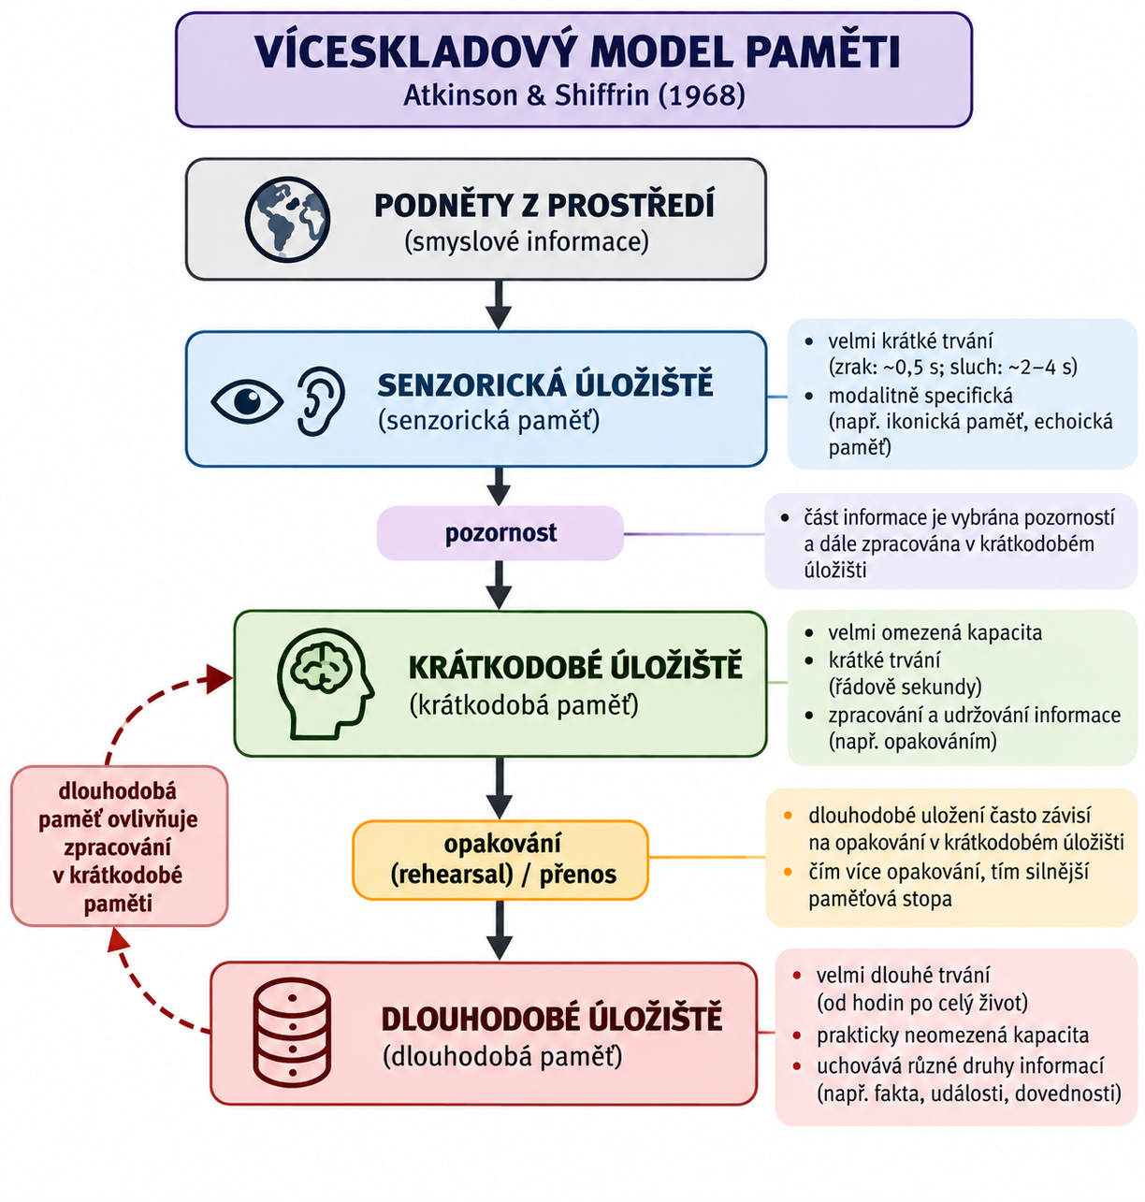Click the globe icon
(x=287, y=220)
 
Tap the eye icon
(x=247, y=401)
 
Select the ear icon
(x=321, y=401)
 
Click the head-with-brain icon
(x=325, y=684)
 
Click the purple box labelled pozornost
(x=500, y=533)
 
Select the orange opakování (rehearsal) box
(x=500, y=861)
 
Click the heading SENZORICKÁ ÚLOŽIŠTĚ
(x=545, y=385)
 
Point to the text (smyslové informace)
(x=526, y=241)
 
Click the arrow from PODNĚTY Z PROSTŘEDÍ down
(x=500, y=305)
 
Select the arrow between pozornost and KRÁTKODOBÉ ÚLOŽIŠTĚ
(x=500, y=585)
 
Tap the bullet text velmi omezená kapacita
(x=935, y=632)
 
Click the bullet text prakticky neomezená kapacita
(x=953, y=1035)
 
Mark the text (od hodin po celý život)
(x=922, y=1003)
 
